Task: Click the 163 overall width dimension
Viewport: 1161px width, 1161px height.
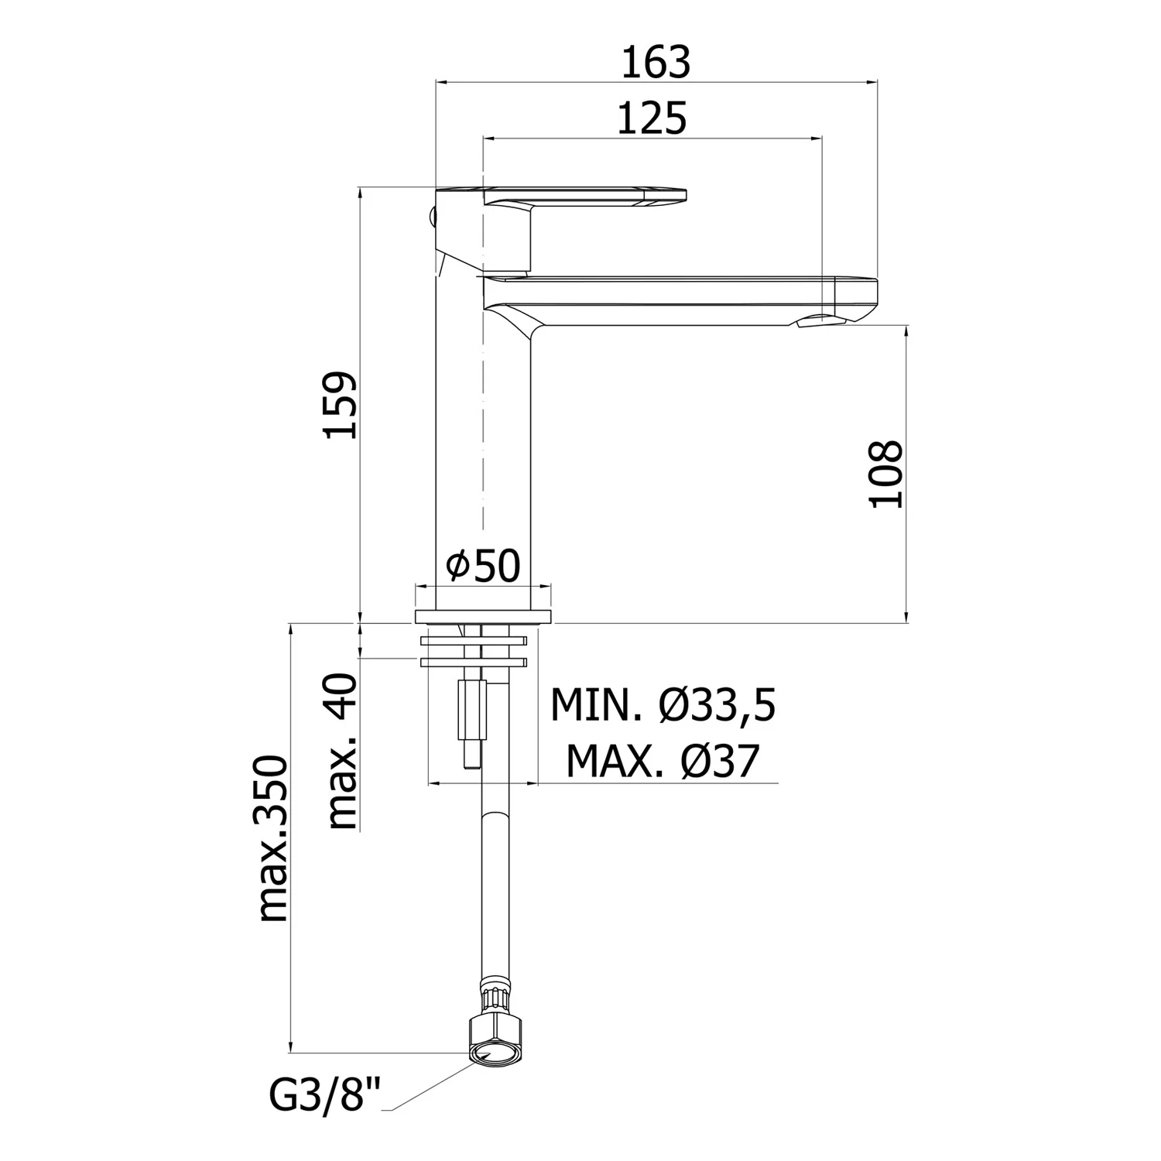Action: (656, 63)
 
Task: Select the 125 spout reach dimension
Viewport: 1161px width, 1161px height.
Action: (652, 120)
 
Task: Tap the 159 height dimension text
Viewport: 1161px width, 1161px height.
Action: (341, 406)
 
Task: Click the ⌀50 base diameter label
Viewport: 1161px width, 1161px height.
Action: (483, 566)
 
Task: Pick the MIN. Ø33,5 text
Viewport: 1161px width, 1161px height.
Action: (663, 705)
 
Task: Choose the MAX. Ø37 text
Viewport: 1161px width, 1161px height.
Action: (663, 761)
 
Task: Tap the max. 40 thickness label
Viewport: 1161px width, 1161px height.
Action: (342, 752)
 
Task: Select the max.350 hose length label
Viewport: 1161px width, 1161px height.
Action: (272, 839)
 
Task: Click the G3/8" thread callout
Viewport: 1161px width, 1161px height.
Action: (327, 1095)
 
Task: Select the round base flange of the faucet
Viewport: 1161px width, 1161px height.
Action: (484, 616)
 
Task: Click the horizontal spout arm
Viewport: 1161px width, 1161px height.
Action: (680, 300)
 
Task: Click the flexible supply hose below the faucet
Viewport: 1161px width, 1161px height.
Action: (489, 890)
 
